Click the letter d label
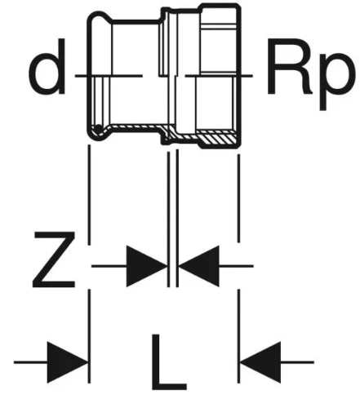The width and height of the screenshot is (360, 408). click(x=47, y=67)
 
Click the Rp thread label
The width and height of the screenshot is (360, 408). click(x=311, y=73)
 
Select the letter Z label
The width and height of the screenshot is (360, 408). click(x=54, y=259)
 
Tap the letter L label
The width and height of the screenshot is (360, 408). click(x=169, y=362)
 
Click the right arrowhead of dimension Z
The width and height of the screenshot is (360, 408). click(x=198, y=266)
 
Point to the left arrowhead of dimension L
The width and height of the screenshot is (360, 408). click(x=68, y=362)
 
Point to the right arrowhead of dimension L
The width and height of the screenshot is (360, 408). click(x=260, y=362)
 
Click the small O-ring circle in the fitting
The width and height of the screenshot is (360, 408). click(x=98, y=128)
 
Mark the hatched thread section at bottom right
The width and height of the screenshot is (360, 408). click(x=218, y=137)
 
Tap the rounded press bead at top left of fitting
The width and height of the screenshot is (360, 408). click(x=99, y=17)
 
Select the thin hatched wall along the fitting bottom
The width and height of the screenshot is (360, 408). click(x=136, y=126)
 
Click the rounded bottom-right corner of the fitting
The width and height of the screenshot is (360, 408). click(x=237, y=144)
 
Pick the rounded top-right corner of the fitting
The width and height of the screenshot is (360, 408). click(x=237, y=7)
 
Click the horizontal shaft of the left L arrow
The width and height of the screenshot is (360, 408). click(x=31, y=362)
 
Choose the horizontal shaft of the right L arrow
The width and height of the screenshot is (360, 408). click(x=297, y=362)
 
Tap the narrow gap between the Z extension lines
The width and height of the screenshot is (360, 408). click(x=173, y=218)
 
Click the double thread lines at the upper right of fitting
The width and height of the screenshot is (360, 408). click(x=218, y=26)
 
